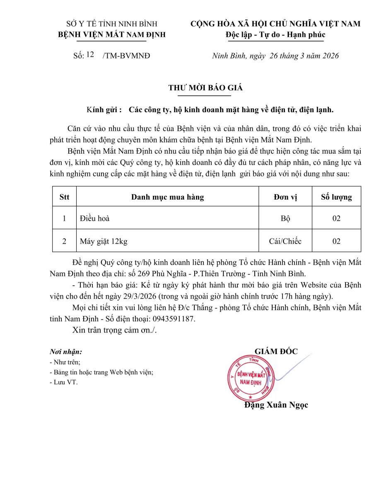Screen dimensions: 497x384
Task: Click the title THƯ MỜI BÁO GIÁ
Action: pyautogui.click(x=205, y=88)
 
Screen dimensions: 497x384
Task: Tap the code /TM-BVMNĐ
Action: pyautogui.click(x=126, y=56)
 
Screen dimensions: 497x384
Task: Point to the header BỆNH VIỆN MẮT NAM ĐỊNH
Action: pyautogui.click(x=112, y=34)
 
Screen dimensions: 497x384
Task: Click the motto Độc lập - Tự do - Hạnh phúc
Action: pyautogui.click(x=275, y=34)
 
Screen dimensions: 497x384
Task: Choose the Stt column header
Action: pyautogui.click(x=64, y=197)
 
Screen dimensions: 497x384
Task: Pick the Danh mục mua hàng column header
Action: pyautogui.click(x=167, y=197)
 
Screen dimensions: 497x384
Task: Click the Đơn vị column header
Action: pyautogui.click(x=285, y=197)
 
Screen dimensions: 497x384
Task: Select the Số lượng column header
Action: pyautogui.click(x=336, y=197)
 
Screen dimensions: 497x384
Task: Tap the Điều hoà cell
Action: pyautogui.click(x=95, y=218)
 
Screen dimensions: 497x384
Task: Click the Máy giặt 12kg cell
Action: pyautogui.click(x=104, y=241)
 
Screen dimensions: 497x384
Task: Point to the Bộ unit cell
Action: pyautogui.click(x=285, y=218)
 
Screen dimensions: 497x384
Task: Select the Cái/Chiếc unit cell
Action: pyautogui.click(x=285, y=241)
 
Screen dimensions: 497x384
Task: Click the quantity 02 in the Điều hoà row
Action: pyautogui.click(x=336, y=218)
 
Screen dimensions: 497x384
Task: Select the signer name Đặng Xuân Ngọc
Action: pyautogui.click(x=276, y=405)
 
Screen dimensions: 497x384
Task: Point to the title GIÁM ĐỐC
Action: pyautogui.click(x=276, y=352)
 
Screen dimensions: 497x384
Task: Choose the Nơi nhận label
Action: pyautogui.click(x=65, y=352)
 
